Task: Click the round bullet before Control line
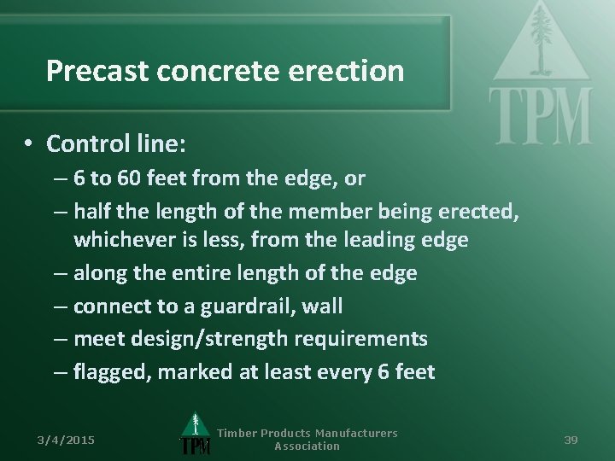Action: pos(29,143)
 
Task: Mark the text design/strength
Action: pos(180,339)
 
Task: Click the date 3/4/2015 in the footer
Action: pos(66,440)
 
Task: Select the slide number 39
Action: pos(571,440)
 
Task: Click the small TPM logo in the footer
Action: pos(195,436)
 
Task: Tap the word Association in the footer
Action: pos(307,446)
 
